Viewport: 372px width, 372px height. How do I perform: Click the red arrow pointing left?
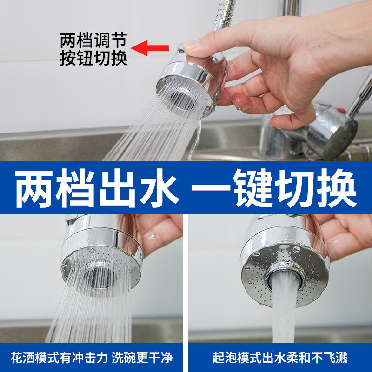(150, 47)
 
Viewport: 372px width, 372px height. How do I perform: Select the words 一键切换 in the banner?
(274, 187)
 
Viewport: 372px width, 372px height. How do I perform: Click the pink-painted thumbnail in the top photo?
(238, 100)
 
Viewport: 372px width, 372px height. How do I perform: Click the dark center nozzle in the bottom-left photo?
(100, 278)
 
